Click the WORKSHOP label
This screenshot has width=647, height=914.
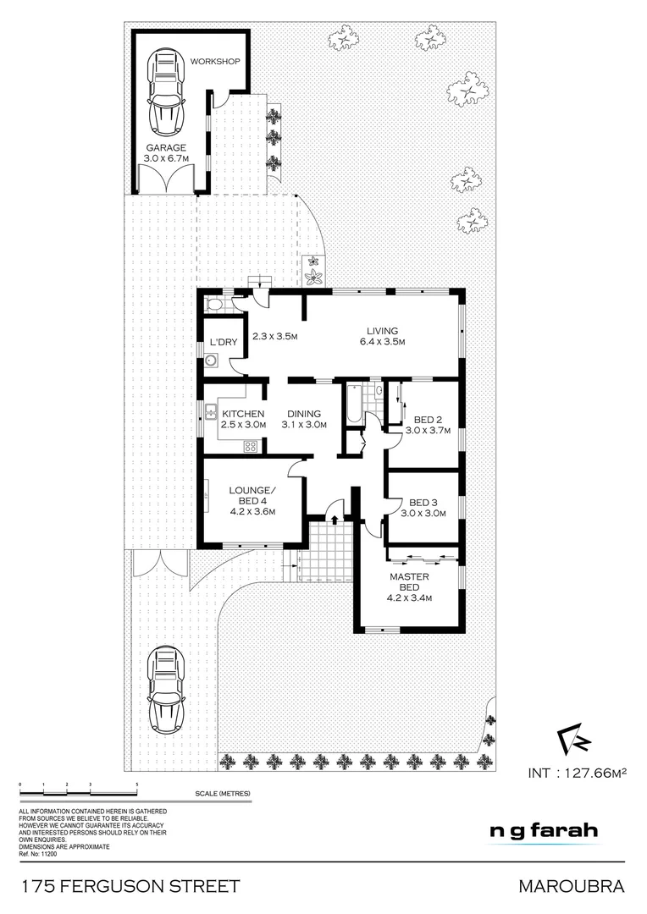point(216,62)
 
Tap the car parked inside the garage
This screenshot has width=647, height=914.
point(166,92)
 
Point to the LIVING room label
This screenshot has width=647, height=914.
point(381,336)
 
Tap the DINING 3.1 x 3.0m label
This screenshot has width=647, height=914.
point(303,419)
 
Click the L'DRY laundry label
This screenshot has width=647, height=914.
point(223,342)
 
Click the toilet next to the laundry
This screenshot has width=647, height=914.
point(214,305)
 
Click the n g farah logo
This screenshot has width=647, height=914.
point(545,830)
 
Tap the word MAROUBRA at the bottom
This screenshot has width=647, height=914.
point(572,887)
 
